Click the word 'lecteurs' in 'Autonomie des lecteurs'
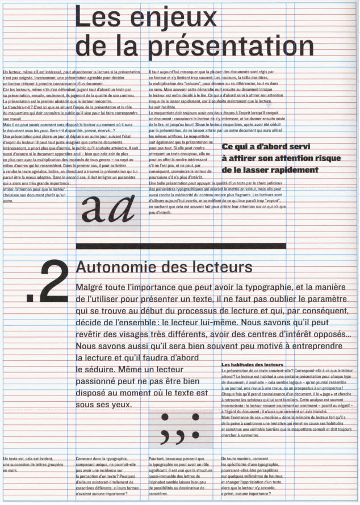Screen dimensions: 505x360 click(x=221, y=267)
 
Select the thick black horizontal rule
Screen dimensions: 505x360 click(x=179, y=246)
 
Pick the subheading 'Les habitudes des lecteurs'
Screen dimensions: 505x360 click(x=252, y=364)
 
